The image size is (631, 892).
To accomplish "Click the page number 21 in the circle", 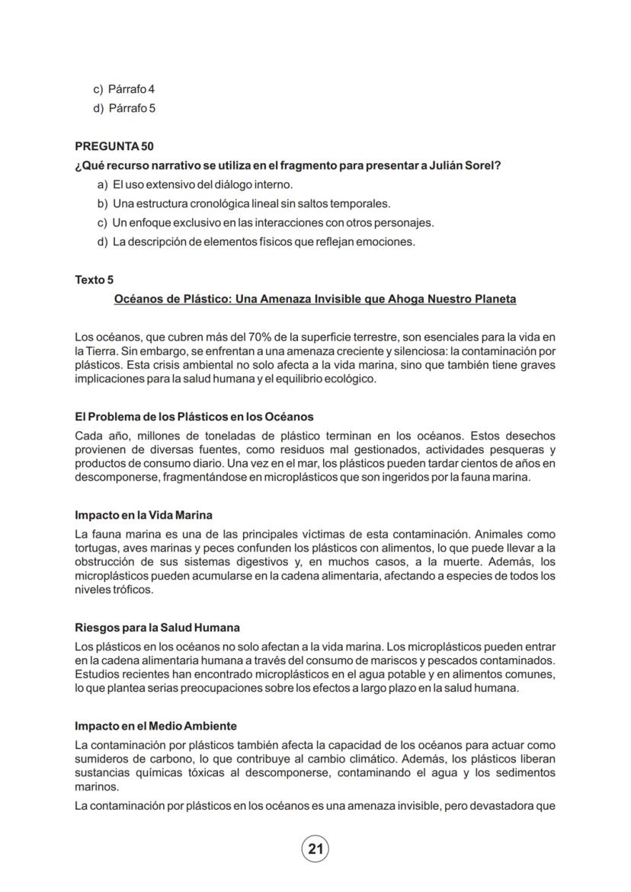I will [315, 849].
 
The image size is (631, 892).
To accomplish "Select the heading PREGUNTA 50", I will [114, 146].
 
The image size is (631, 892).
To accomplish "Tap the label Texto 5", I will [94, 280].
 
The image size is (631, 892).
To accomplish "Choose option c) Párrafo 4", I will [124, 89].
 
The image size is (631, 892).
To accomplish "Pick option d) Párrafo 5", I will [124, 108].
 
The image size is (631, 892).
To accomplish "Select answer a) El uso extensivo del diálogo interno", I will [194, 184].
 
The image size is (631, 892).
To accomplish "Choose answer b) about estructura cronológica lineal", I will [243, 203].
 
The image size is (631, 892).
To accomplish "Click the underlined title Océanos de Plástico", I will [315, 299].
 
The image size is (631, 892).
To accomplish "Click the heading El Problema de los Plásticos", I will [194, 417].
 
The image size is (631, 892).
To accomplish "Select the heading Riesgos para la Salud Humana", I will [157, 628].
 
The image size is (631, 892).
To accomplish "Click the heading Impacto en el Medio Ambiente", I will [155, 726].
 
